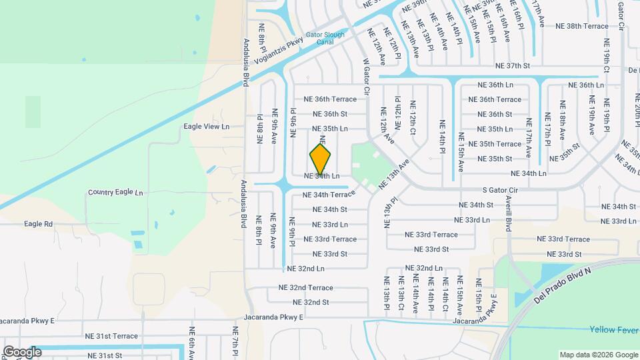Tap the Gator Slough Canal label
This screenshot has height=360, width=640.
(325, 38)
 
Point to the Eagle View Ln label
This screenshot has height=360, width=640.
(207, 126)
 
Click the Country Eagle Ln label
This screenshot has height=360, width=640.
(115, 193)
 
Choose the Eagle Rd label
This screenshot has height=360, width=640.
(39, 224)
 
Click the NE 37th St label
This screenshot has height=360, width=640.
(513, 66)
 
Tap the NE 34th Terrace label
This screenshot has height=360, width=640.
(329, 195)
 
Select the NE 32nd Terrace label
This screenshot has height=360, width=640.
(305, 287)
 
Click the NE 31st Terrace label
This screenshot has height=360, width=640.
(111, 336)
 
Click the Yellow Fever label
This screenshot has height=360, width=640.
(613, 329)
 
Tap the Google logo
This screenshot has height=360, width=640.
(22, 352)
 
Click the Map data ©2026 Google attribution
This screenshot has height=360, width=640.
(597, 355)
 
